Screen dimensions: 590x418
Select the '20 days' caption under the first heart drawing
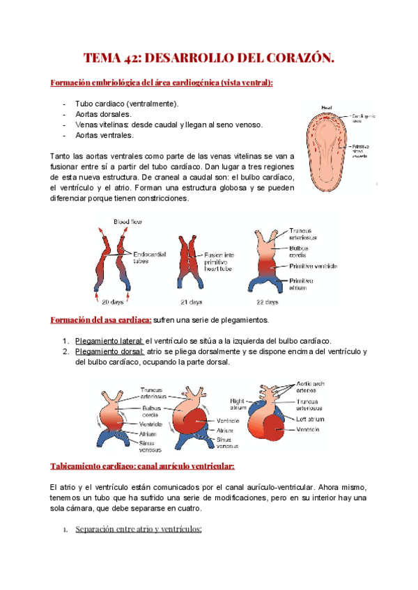[113, 303]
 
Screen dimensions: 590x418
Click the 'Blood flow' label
[127, 222]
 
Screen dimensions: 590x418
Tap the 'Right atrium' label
[240, 405]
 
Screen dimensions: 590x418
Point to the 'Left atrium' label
[311, 419]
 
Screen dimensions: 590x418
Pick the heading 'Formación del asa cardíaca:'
[101, 319]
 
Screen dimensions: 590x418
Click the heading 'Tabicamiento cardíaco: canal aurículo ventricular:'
[143, 465]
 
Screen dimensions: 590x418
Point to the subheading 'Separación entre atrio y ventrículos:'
[137, 529]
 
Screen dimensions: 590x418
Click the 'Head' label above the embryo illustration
[327, 106]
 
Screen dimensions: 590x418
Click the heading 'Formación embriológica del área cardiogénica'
[162, 83]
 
